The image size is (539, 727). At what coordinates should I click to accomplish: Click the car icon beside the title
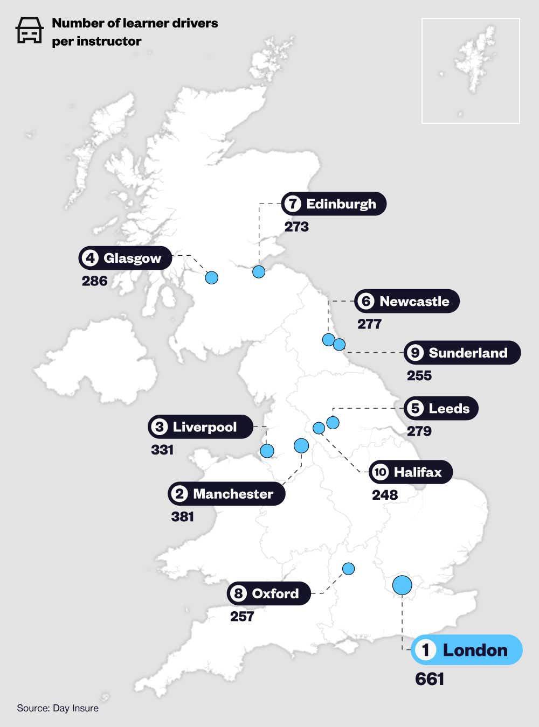[x=29, y=30]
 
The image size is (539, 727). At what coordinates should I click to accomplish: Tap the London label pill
[x=466, y=650]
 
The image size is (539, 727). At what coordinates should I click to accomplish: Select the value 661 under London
[x=430, y=679]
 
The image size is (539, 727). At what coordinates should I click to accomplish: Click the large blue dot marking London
[x=402, y=585]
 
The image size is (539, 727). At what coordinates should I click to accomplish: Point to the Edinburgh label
[x=334, y=204]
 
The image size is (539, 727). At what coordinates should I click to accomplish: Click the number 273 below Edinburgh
[x=296, y=227]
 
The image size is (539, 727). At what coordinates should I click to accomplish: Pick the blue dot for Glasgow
[x=212, y=278]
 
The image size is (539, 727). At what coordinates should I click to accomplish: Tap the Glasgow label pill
[x=125, y=258]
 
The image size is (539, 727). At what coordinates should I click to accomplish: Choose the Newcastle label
[x=407, y=301]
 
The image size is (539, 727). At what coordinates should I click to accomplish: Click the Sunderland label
[x=462, y=353]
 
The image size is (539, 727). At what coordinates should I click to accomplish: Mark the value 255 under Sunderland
[x=419, y=375]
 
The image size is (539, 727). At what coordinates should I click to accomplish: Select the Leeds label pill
[x=441, y=409]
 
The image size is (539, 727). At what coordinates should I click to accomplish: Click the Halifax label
[x=411, y=472]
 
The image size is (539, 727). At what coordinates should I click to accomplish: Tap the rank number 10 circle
[x=381, y=472]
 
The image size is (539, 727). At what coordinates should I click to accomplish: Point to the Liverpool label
[x=201, y=427]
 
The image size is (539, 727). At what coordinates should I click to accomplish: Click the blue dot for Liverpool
[x=267, y=451]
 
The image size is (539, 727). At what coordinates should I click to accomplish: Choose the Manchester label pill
[x=226, y=494]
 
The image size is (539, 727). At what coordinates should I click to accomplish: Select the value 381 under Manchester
[x=182, y=517]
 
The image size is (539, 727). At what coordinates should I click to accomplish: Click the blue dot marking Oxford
[x=349, y=569]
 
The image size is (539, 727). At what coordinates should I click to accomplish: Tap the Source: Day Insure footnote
[x=58, y=708]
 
